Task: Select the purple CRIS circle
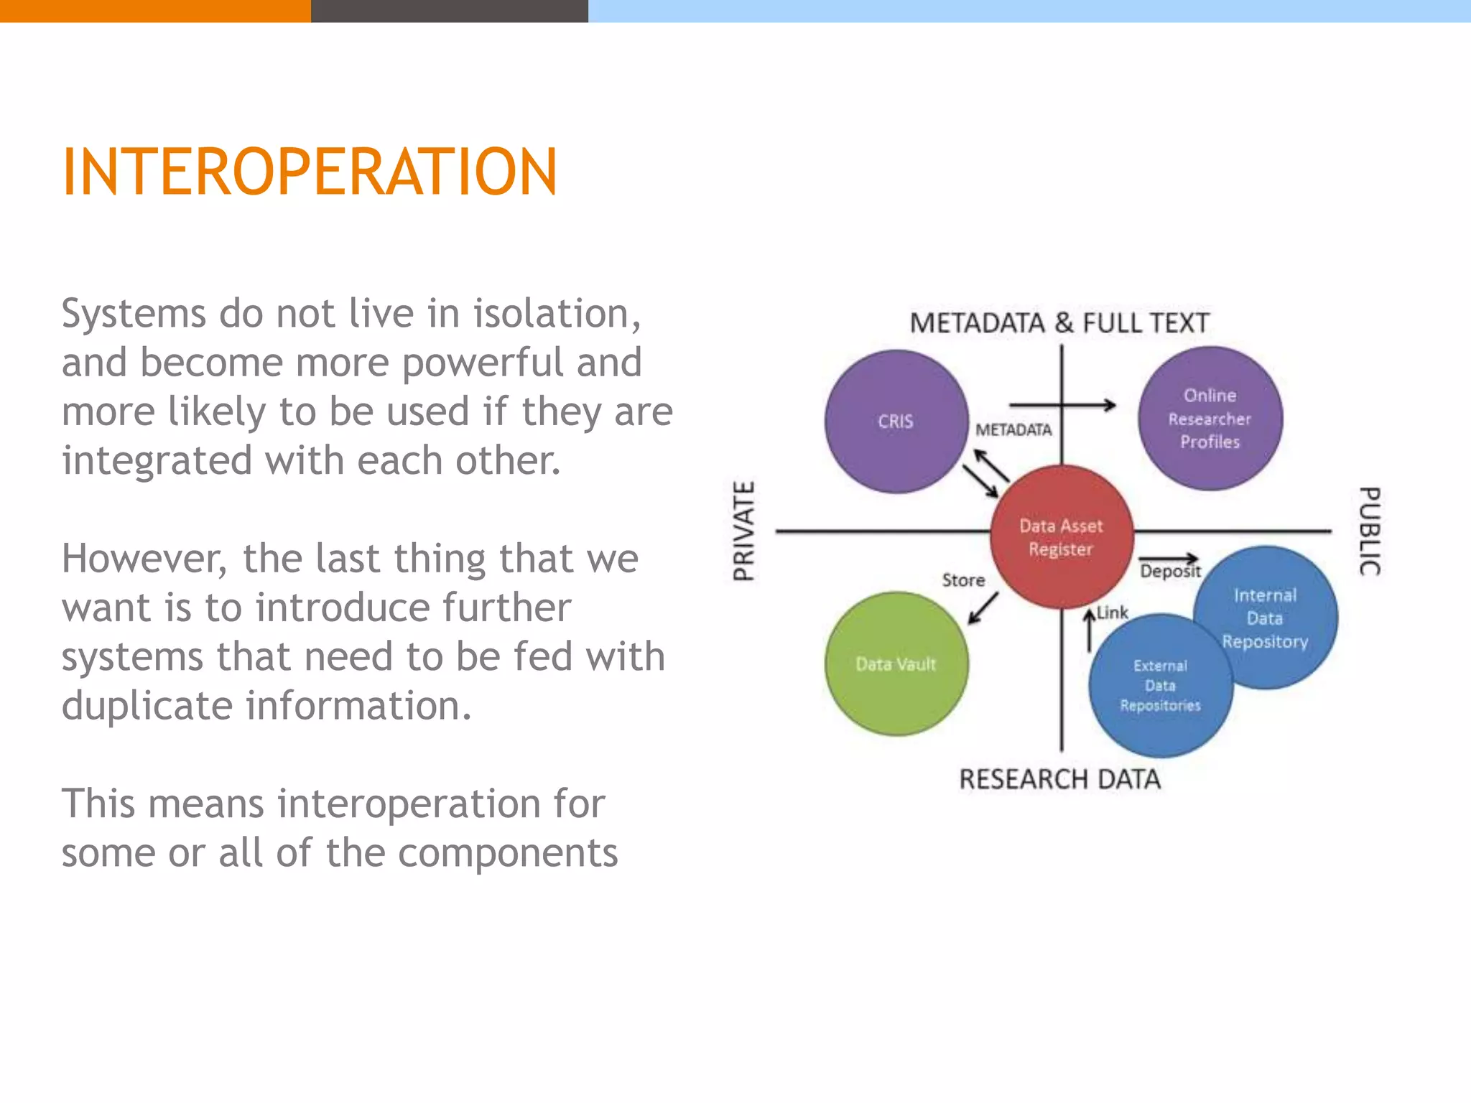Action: [896, 421]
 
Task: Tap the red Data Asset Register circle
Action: [1061, 537]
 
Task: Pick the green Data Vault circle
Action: [896, 664]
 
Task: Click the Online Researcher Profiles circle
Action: [1210, 419]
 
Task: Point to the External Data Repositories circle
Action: [1159, 686]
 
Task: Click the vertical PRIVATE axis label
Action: [744, 531]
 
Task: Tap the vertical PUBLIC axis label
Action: [1370, 531]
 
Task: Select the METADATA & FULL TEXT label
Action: [1059, 323]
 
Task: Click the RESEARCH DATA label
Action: [1059, 779]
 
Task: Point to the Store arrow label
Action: [963, 580]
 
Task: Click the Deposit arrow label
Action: [1170, 572]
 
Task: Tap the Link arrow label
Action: [1112, 613]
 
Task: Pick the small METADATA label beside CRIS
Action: [1013, 429]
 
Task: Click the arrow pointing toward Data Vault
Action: [983, 608]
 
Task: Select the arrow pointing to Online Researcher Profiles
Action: [1063, 405]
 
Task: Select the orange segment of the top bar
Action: [154, 11]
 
